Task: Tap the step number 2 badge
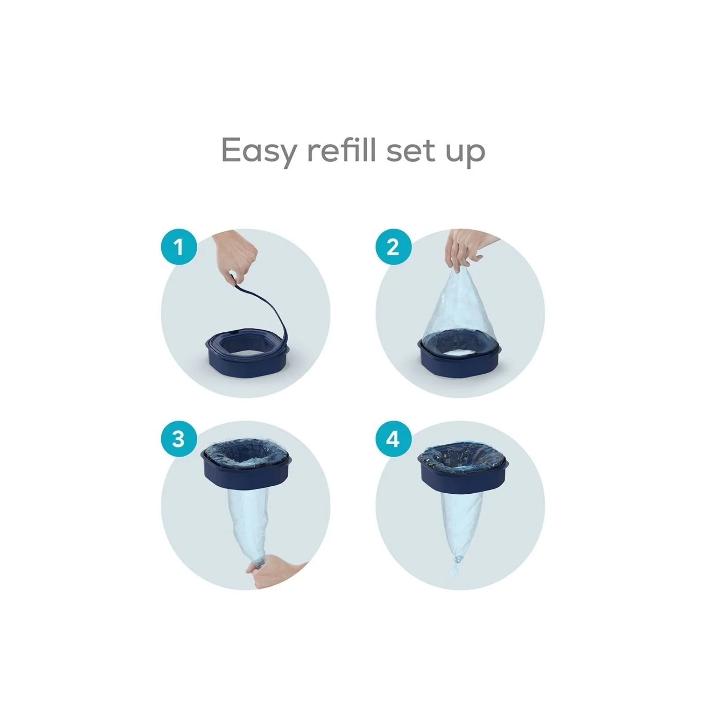point(393,247)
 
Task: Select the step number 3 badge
point(178,439)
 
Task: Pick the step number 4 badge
point(393,439)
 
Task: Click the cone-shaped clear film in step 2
point(459,309)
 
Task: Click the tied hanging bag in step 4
point(459,521)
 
